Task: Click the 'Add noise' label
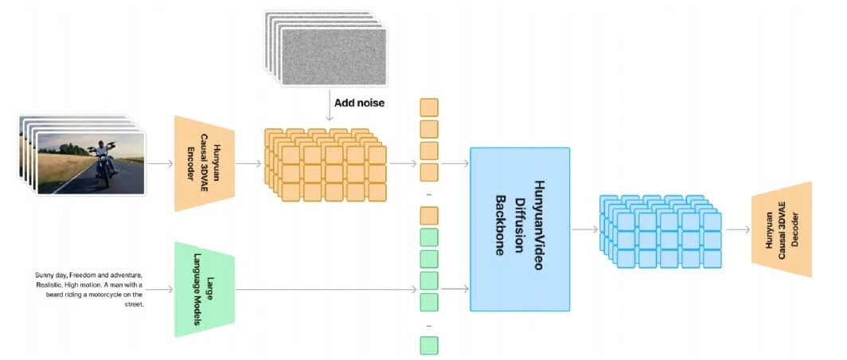(x=359, y=103)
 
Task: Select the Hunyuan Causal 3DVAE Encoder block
(x=204, y=163)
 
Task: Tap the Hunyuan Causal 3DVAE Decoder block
(x=782, y=229)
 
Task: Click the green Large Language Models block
(x=204, y=289)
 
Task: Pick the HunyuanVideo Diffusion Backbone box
(x=520, y=229)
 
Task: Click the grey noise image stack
(x=326, y=49)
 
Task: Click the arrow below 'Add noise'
(x=328, y=105)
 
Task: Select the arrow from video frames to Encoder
(x=160, y=163)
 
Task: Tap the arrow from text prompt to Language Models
(x=159, y=289)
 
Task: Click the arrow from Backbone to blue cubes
(x=585, y=229)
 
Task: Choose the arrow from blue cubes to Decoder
(x=738, y=229)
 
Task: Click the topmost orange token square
(x=429, y=108)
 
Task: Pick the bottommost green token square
(x=429, y=346)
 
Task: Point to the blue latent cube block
(x=661, y=231)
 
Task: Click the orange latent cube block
(x=325, y=165)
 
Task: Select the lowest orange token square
(x=429, y=216)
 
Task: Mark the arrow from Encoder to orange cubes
(x=248, y=163)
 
